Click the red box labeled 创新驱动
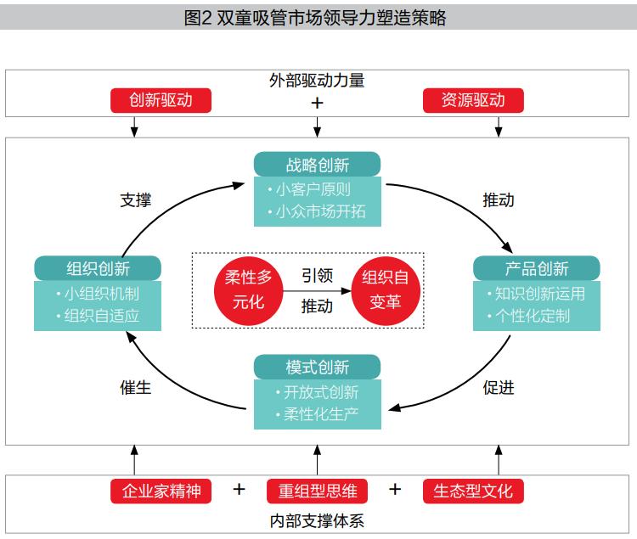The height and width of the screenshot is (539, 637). pyautogui.click(x=161, y=100)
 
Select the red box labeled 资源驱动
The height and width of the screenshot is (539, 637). pyautogui.click(x=473, y=100)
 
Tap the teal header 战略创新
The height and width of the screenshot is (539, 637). pyautogui.click(x=317, y=165)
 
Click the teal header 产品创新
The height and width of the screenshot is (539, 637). pyautogui.click(x=536, y=269)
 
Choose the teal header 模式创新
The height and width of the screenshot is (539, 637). pyautogui.click(x=317, y=368)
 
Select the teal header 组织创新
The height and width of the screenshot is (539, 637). pyautogui.click(x=98, y=269)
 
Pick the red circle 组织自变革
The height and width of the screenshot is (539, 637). pyautogui.click(x=386, y=290)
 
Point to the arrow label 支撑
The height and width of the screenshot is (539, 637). pyautogui.click(x=136, y=200)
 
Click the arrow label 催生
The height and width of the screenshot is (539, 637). pyautogui.click(x=136, y=387)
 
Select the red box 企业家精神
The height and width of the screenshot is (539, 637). pyautogui.click(x=161, y=491)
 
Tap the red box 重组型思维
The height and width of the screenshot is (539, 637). pyautogui.click(x=317, y=491)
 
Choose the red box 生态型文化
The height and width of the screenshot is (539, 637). pyautogui.click(x=473, y=491)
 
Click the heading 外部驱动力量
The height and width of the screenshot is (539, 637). pyautogui.click(x=317, y=81)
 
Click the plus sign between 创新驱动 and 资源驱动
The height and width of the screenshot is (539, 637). pyautogui.click(x=318, y=103)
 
